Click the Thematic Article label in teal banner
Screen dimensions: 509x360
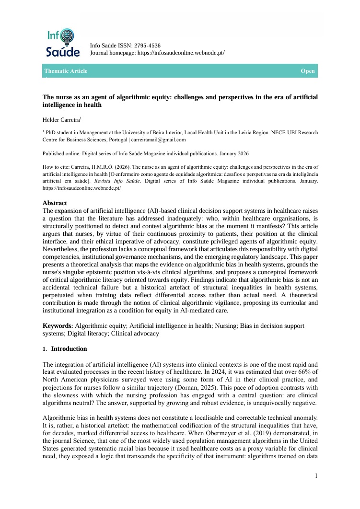pyautogui.click(x=66, y=71)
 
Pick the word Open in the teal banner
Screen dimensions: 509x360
pyautogui.click(x=308, y=71)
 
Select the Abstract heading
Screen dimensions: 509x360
pyautogui.click(x=55, y=203)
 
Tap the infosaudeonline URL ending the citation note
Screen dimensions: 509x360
pyautogui.click(x=81, y=188)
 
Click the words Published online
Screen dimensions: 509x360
pyautogui.click(x=60, y=154)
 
